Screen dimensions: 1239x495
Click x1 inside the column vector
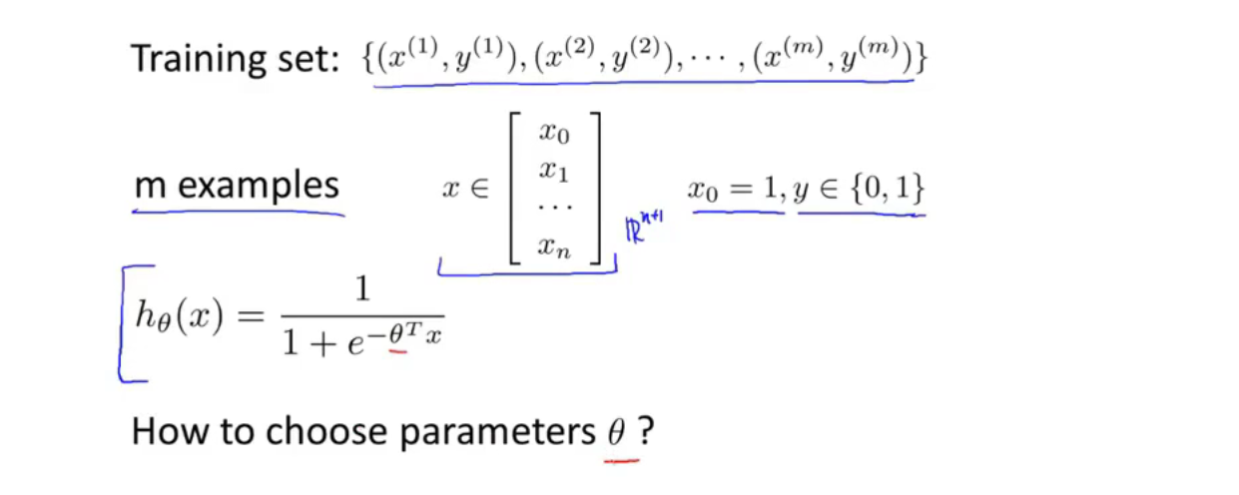click(x=554, y=172)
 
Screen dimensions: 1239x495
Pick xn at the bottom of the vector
click(x=554, y=247)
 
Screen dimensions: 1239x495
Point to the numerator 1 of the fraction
click(x=361, y=289)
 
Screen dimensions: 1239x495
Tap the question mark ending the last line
click(x=647, y=433)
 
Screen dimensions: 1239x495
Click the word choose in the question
click(x=316, y=433)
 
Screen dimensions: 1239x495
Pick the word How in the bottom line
click(x=164, y=433)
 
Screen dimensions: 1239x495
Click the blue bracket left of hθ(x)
click(x=124, y=324)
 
